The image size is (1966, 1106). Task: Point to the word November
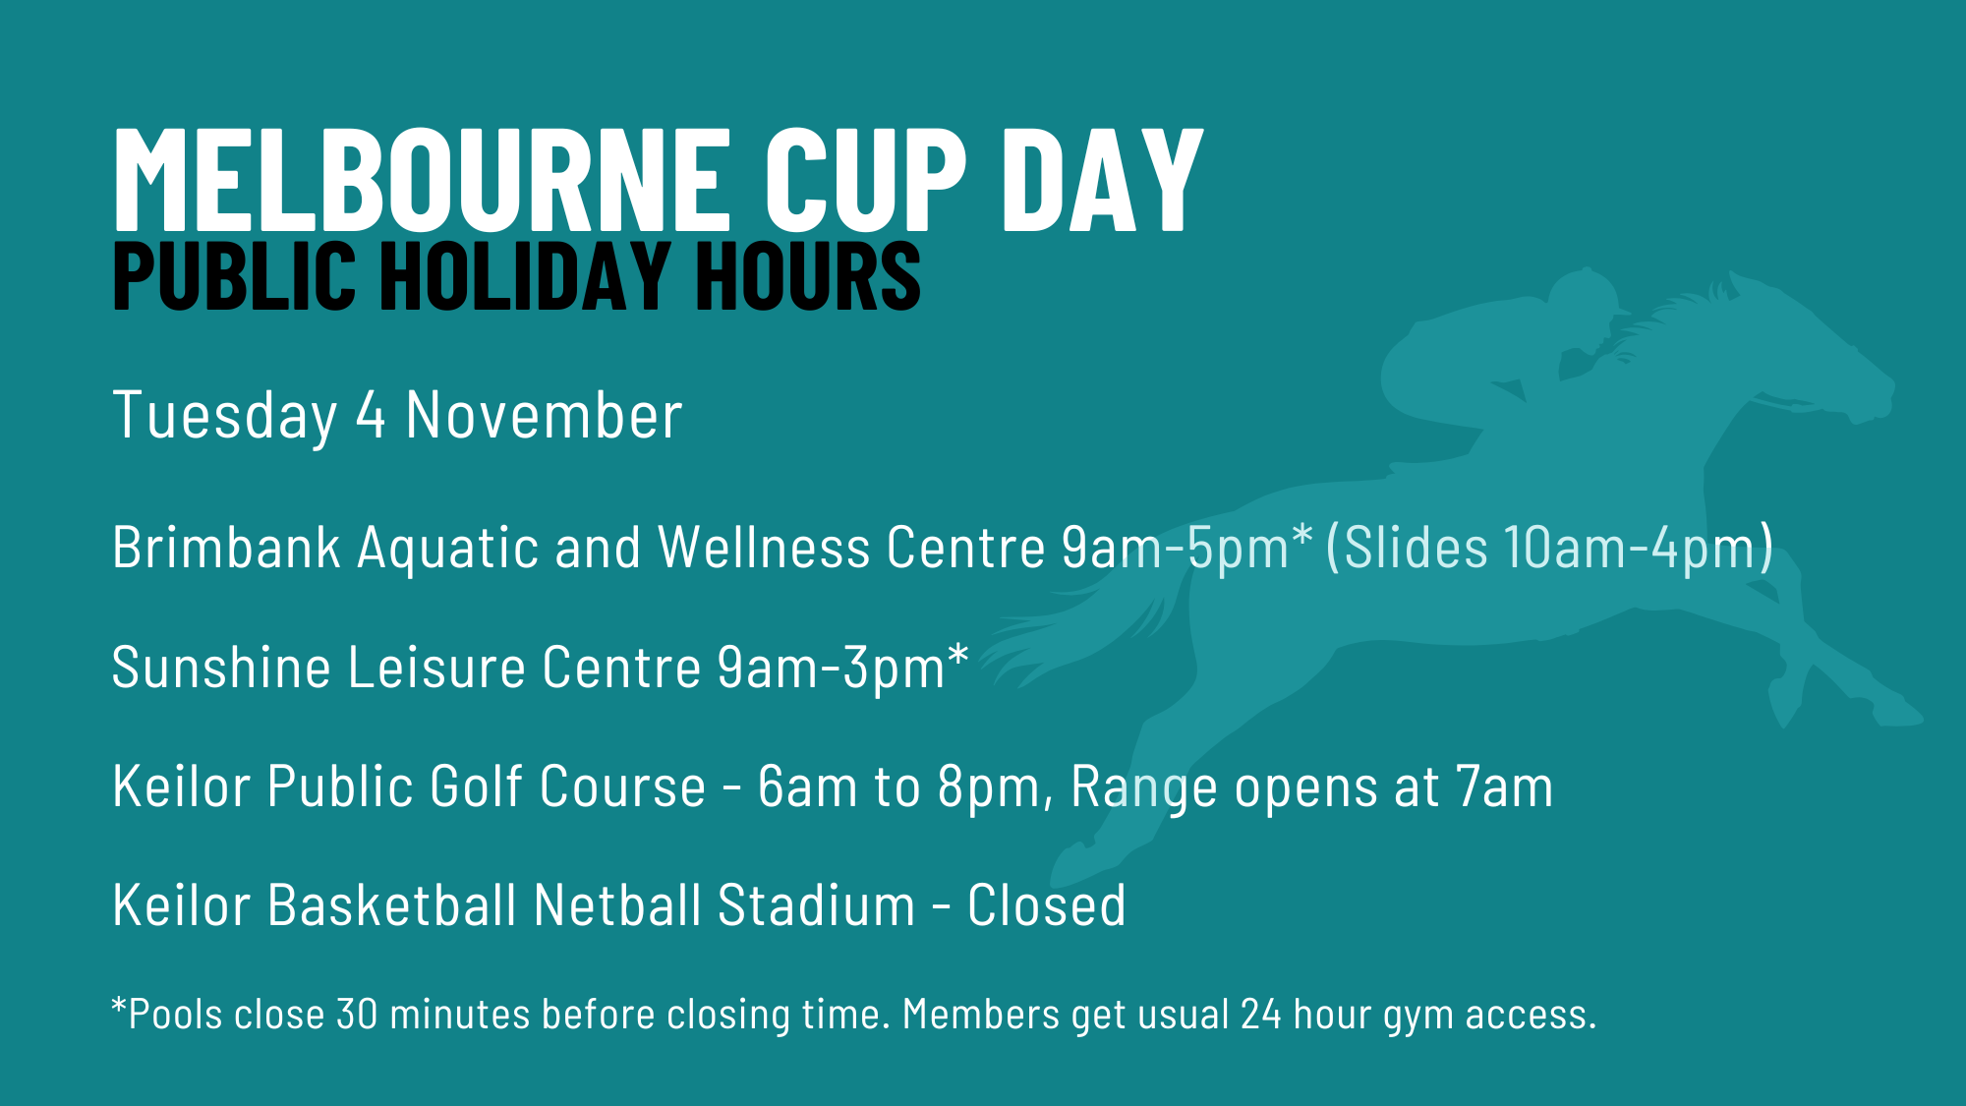pos(544,415)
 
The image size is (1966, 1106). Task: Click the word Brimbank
pos(226,547)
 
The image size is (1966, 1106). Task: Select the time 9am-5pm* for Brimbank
pos(1186,549)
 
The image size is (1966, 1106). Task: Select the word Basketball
pos(391,905)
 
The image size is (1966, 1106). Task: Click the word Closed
pos(1047,905)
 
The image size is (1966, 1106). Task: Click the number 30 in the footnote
pos(357,1015)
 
